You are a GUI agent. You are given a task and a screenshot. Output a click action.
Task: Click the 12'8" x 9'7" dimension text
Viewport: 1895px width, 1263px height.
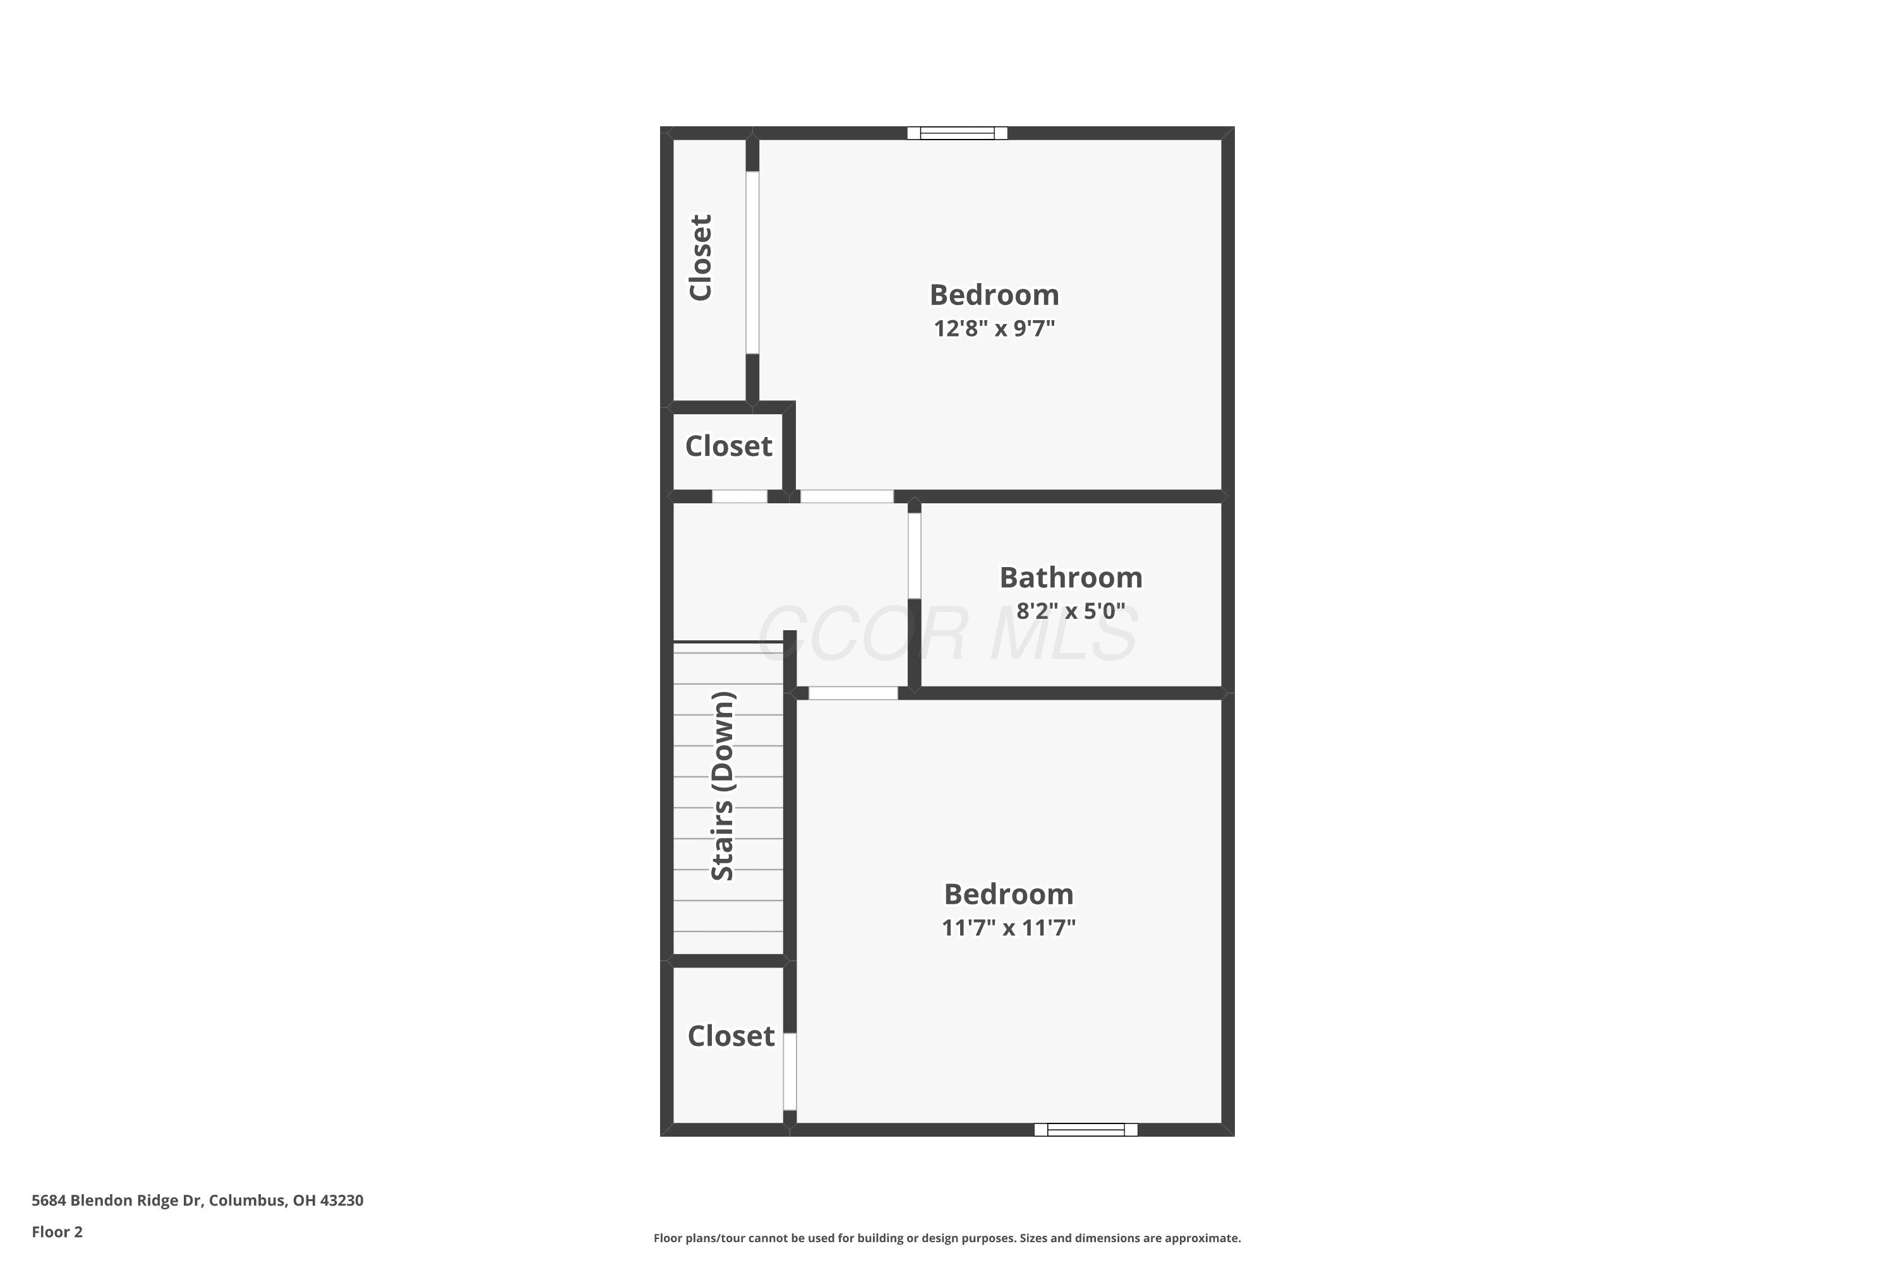[994, 328]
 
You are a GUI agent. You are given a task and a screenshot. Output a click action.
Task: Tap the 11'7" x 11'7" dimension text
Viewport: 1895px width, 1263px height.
[1009, 928]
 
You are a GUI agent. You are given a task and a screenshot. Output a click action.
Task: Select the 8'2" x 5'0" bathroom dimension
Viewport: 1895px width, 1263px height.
[1071, 611]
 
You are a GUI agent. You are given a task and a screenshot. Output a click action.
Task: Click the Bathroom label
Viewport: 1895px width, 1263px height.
[1071, 578]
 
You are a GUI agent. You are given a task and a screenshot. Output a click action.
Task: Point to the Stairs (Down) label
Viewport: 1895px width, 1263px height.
[723, 786]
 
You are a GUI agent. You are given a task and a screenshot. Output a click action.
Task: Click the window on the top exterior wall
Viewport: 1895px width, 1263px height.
[957, 133]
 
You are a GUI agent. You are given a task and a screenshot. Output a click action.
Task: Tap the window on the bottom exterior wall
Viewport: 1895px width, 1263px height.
[1086, 1129]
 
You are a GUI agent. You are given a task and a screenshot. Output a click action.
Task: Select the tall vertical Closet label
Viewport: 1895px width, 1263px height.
[700, 258]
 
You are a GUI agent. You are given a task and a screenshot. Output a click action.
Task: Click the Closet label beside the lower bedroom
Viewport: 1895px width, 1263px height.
[731, 1036]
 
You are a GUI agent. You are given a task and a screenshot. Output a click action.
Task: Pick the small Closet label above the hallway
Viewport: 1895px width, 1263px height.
[728, 446]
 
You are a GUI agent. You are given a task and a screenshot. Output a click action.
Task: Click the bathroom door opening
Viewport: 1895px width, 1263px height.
[915, 556]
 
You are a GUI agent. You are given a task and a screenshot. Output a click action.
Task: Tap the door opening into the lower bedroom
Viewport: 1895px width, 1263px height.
[853, 693]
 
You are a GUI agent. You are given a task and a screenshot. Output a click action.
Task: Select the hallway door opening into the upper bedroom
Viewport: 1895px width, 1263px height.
[847, 496]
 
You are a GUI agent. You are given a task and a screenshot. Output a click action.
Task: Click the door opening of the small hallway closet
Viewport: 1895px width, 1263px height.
[740, 496]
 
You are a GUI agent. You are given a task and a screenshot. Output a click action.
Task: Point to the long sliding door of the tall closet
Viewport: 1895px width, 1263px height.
[752, 263]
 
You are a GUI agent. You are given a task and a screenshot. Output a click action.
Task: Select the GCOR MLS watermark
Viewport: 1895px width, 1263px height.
[948, 635]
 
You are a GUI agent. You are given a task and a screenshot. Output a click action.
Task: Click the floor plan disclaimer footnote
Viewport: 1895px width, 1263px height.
[948, 1238]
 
